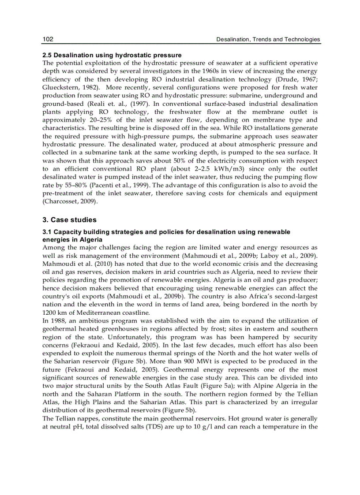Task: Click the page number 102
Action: [x=48, y=39]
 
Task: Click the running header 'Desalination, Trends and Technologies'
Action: [x=268, y=39]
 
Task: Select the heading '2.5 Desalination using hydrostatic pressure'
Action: [x=112, y=55]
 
